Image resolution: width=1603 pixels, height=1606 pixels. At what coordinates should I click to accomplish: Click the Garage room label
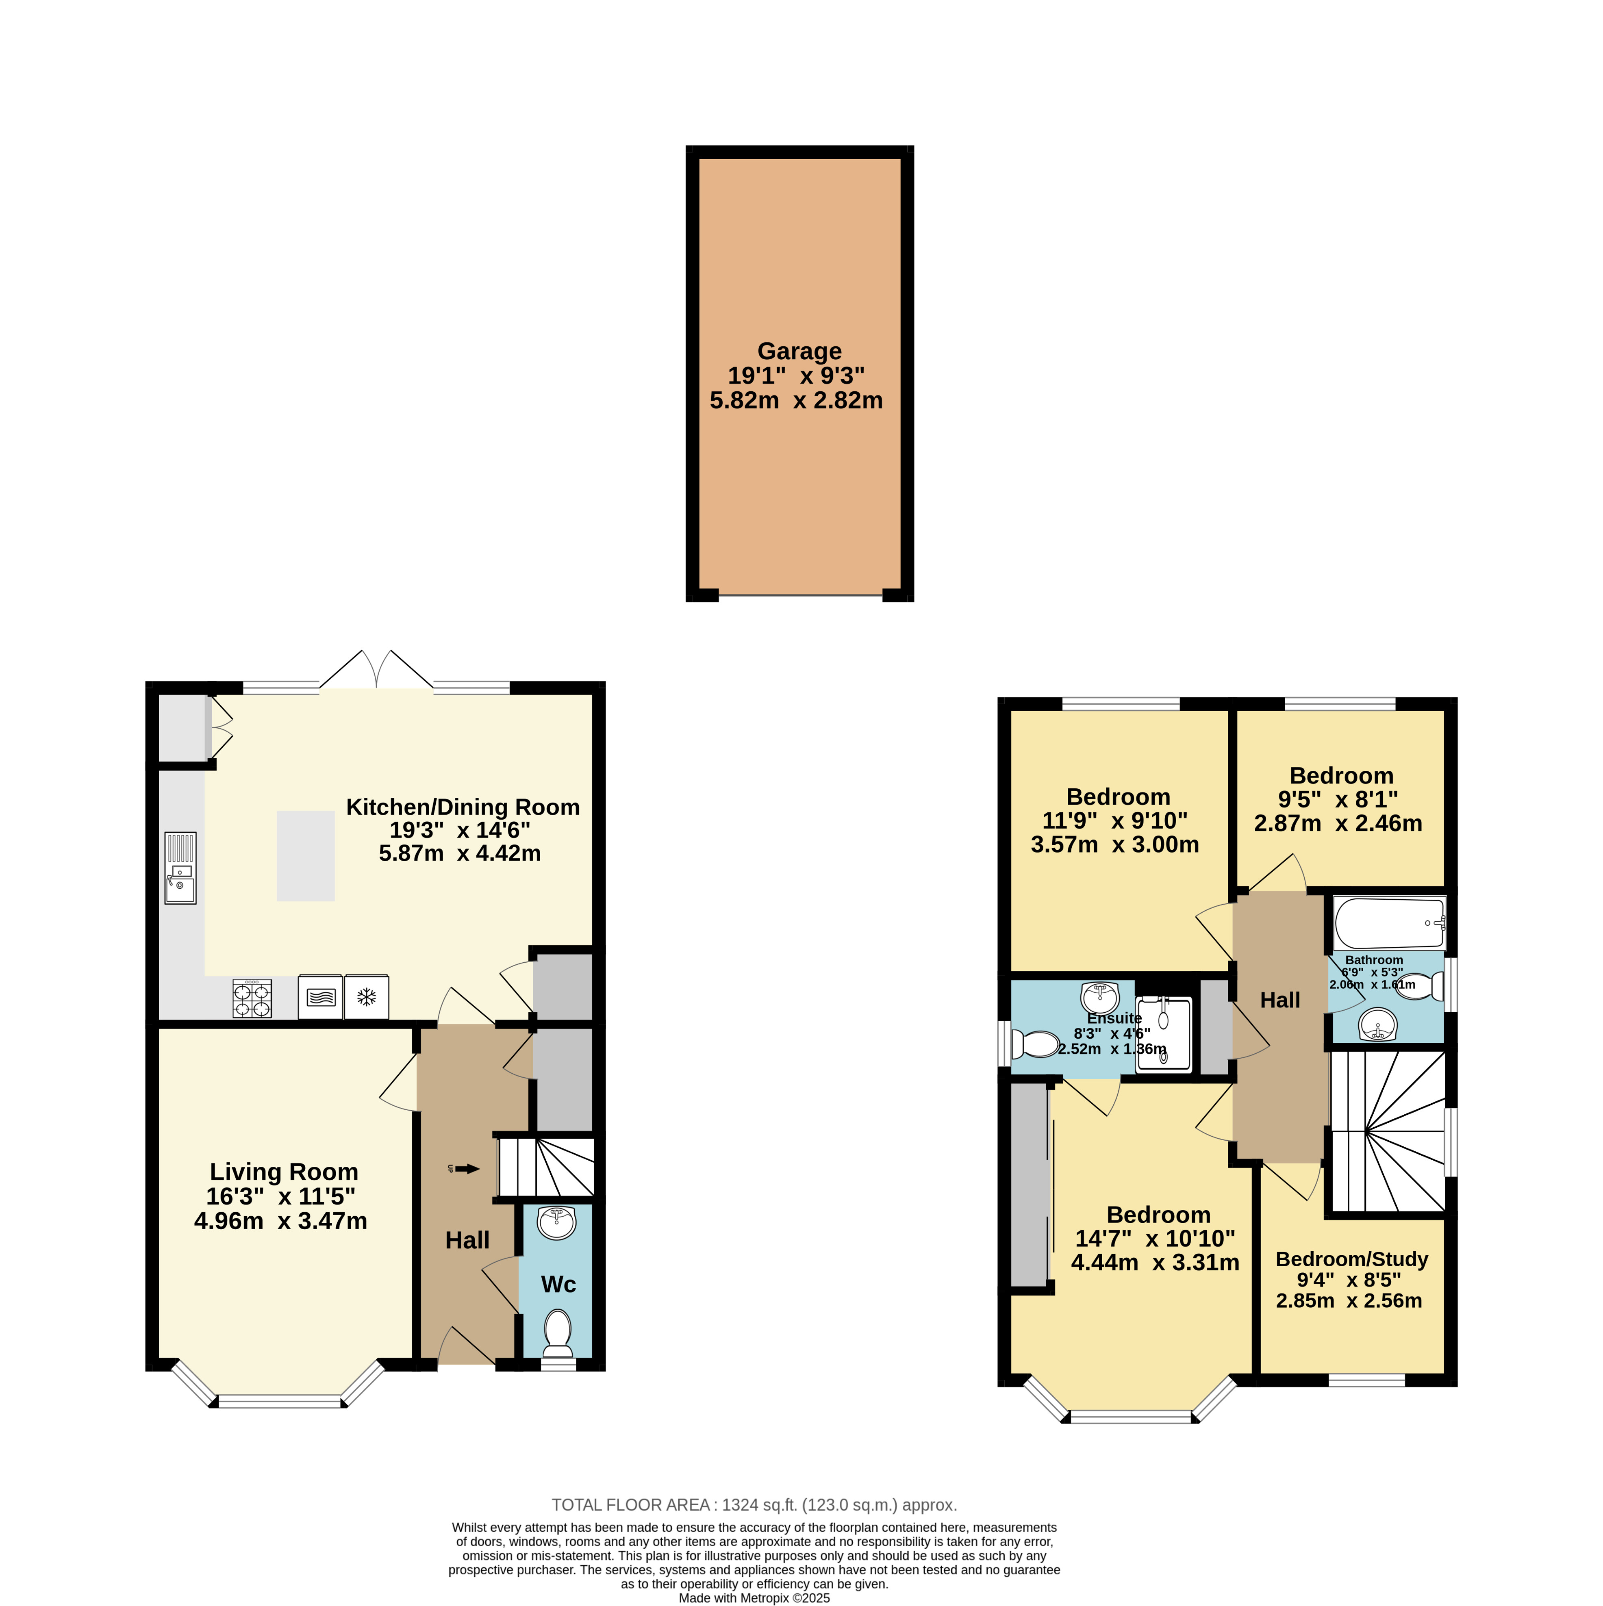799,352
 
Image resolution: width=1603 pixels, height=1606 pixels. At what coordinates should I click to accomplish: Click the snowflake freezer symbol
367,997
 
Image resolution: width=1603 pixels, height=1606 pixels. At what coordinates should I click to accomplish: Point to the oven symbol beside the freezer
320,997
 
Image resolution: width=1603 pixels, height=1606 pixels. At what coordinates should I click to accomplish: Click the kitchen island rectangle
306,856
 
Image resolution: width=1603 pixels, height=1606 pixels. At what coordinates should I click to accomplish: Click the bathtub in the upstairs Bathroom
1389,924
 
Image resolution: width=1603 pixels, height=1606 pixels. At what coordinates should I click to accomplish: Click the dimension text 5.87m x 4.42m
460,854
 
